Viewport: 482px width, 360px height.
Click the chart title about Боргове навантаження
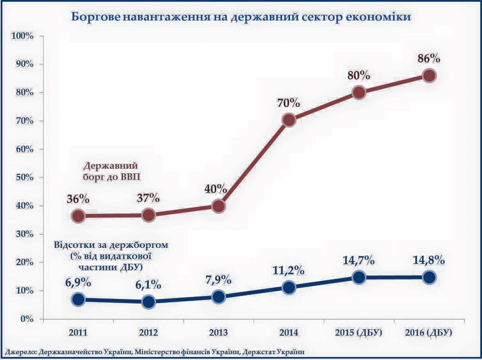tap(242, 17)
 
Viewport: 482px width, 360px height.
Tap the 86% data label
tap(429, 58)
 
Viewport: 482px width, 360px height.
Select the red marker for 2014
tap(289, 120)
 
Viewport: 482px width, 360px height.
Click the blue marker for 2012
tap(148, 302)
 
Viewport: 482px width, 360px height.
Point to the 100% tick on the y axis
tap(22, 36)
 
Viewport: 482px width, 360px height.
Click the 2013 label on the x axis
tap(218, 333)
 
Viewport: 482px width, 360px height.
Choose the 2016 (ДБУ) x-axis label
tap(429, 333)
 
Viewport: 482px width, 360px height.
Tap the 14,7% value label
tap(358, 261)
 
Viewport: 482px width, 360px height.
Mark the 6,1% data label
tap(148, 285)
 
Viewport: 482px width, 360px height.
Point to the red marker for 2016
tap(429, 76)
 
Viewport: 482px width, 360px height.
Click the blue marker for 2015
tap(358, 278)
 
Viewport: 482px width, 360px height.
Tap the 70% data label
tap(288, 103)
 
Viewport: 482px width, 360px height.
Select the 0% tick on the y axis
tap(26, 319)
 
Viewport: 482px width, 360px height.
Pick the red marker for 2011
tap(78, 216)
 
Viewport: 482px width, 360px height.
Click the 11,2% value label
tap(289, 270)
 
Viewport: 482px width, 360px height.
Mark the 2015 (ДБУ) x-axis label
tap(358, 333)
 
